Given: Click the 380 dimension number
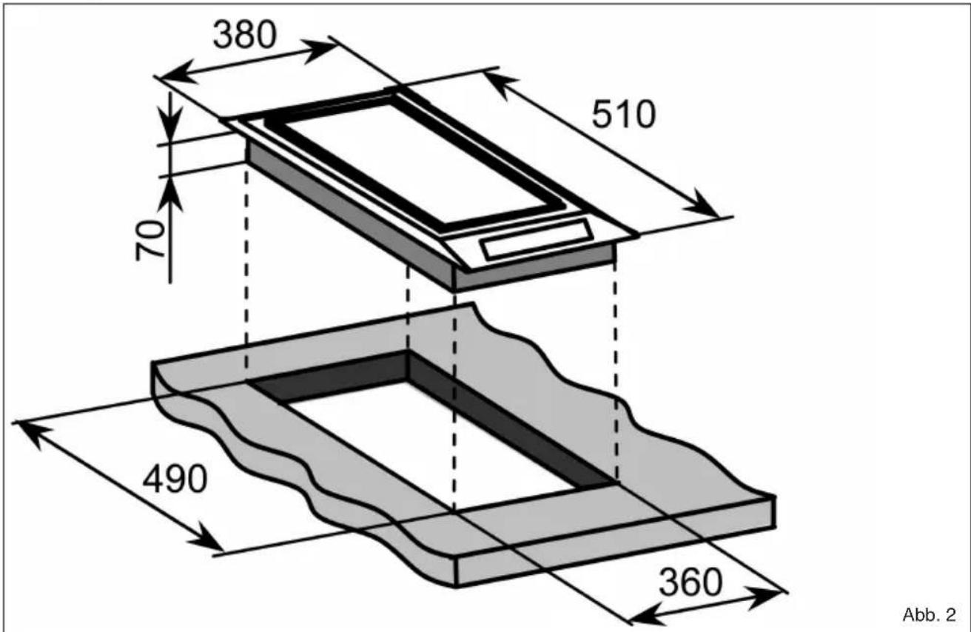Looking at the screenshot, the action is pos(244,35).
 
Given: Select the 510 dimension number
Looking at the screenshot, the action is pos(624,115).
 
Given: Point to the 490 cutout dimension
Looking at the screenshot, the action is pos(175,480).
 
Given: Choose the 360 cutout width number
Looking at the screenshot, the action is pos(691,583).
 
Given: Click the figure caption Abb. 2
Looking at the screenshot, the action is pos(930,614).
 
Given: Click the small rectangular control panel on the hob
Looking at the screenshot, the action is pos(537,240).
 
